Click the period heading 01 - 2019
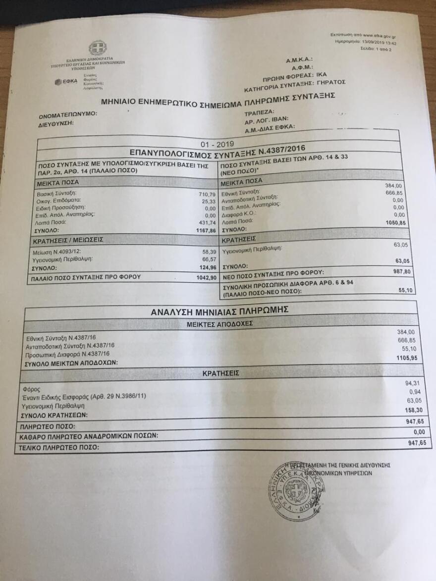click(218, 143)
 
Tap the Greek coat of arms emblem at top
click(97, 48)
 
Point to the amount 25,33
click(209, 202)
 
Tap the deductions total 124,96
click(207, 268)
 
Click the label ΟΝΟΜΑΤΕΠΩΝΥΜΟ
click(68, 114)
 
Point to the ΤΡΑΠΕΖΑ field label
click(260, 111)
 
